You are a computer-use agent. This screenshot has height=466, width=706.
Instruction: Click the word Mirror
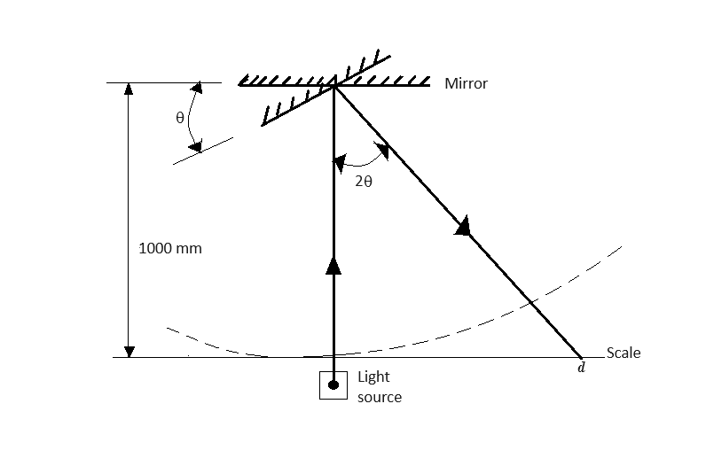[x=466, y=84]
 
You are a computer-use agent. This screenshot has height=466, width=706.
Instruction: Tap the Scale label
[x=624, y=353]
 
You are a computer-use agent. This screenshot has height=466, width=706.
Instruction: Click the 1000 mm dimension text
[x=170, y=248]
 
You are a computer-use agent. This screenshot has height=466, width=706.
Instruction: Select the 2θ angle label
[x=363, y=181]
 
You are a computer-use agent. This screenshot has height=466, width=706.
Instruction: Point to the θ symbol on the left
[x=179, y=119]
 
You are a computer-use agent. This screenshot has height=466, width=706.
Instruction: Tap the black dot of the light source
[x=333, y=384]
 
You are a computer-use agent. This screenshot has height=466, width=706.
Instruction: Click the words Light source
[x=379, y=387]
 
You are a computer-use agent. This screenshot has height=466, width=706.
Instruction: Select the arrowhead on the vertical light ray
[x=333, y=265]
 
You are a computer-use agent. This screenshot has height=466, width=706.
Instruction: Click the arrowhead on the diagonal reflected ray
[x=461, y=227]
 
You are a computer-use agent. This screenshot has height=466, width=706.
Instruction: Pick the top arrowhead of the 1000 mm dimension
[x=129, y=89]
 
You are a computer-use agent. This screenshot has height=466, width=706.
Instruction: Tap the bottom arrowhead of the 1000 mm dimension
[x=129, y=351]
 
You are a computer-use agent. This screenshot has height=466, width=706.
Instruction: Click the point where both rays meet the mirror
[x=333, y=84]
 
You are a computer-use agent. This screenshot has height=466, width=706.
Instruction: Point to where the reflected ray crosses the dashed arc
[x=529, y=302]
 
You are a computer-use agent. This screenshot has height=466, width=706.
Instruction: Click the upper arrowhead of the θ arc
[x=196, y=88]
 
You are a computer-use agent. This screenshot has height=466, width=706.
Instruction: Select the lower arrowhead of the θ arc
[x=198, y=144]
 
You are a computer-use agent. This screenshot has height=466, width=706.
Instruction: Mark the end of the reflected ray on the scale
[x=582, y=357]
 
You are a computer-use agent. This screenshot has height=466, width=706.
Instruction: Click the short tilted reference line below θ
[x=203, y=151]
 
